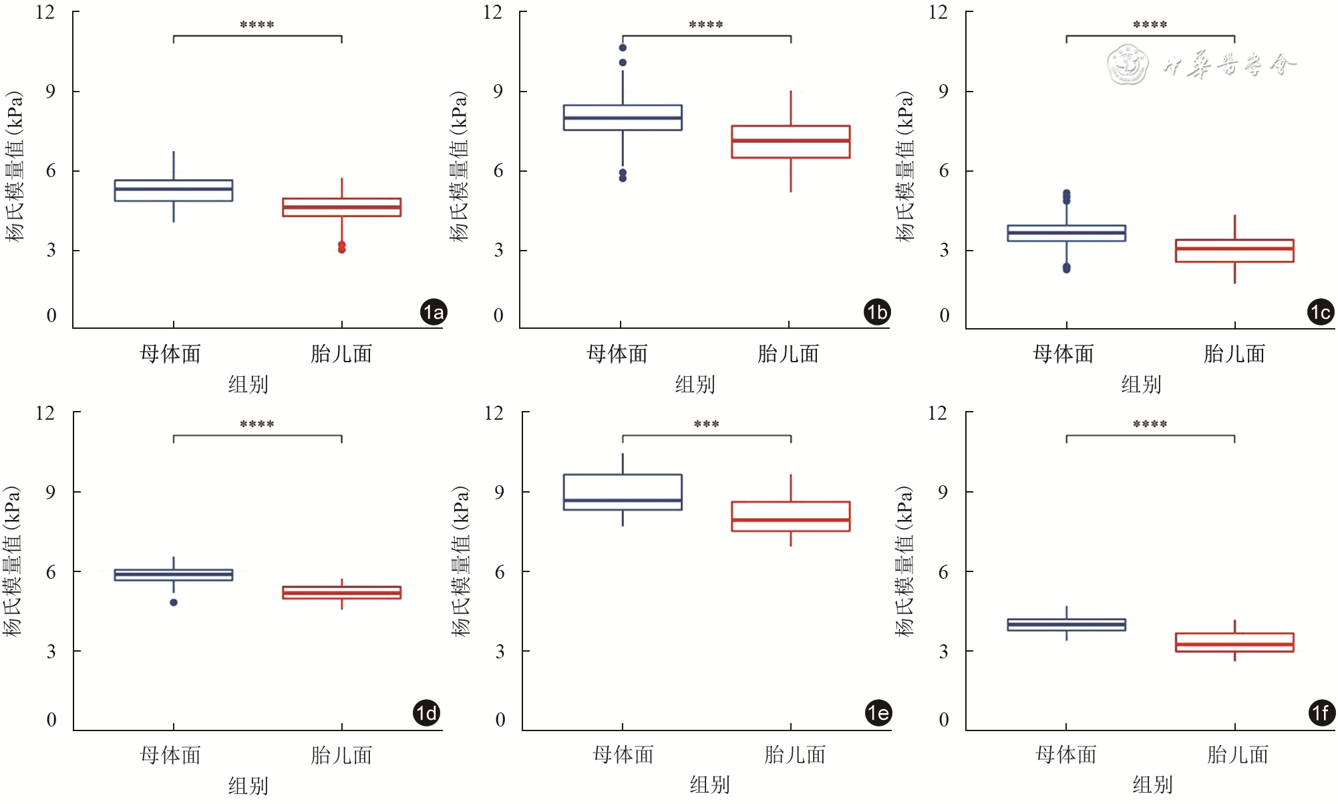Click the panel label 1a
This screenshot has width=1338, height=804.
434,312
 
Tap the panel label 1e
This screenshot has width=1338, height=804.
878,712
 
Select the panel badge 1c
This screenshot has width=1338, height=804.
1321,312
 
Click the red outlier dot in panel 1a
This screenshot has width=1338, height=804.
342,247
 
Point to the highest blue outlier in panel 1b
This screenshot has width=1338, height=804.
623,47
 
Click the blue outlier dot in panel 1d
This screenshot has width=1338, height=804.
174,602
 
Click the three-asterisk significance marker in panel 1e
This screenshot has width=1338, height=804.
706,424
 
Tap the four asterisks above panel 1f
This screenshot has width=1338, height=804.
1150,424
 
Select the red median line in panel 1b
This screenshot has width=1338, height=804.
790,140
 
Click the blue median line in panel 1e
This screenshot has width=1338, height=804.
623,500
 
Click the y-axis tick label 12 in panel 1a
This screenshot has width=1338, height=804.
45,13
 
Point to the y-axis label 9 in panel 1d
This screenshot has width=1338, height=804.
51,493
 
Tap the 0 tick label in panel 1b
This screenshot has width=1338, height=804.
498,315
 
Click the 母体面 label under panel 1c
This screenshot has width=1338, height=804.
1063,354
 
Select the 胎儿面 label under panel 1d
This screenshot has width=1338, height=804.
341,755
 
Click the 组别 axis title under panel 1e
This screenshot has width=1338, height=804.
709,785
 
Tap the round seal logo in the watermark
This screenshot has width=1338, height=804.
1127,65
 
